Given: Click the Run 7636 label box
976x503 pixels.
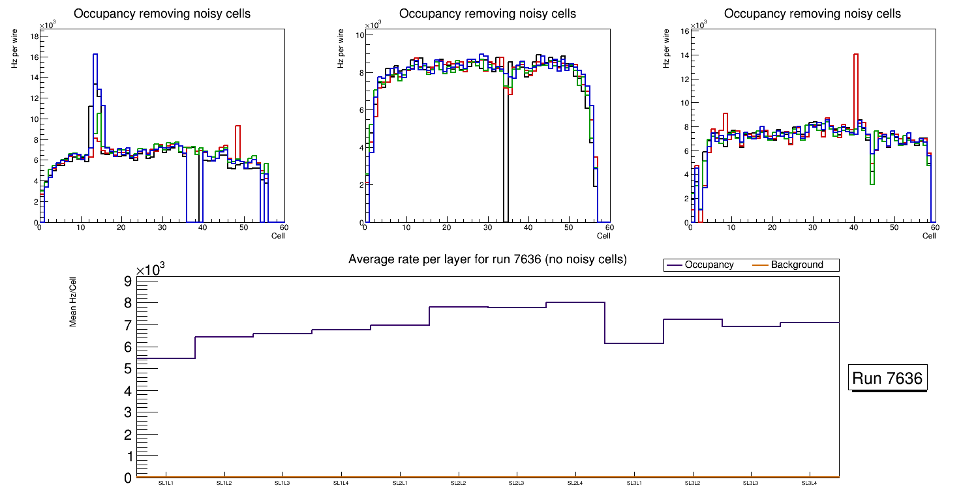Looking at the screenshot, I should tap(888, 379).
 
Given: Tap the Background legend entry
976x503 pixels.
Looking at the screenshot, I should tap(797, 265).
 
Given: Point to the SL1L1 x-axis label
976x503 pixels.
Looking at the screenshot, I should tap(166, 483).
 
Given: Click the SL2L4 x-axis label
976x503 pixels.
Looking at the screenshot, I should tap(575, 483).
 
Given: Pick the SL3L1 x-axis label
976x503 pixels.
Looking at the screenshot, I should tap(634, 483).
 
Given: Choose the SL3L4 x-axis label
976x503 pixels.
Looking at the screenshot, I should tap(810, 483).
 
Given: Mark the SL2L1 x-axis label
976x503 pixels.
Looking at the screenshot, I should tap(400, 483).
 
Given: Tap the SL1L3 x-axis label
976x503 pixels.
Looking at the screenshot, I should tap(282, 483).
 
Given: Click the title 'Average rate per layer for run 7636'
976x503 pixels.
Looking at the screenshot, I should tap(487, 259).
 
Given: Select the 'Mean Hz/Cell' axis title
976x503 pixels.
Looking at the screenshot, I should tap(73, 301).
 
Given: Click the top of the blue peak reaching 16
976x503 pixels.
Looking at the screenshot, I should tap(95, 55).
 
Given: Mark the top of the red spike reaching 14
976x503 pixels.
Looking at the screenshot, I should tap(855, 54).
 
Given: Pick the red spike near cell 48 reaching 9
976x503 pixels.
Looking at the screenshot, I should tap(238, 126).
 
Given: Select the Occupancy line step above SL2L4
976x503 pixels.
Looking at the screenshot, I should tap(575, 302).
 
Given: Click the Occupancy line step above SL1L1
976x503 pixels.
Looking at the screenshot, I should tap(166, 358).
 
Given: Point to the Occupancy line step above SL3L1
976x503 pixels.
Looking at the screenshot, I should tap(634, 343).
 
